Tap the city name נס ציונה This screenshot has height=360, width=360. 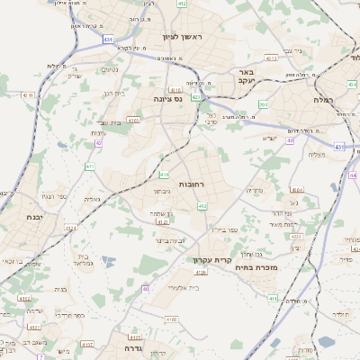pos(167,100)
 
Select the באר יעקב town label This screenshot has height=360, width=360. pos(245,76)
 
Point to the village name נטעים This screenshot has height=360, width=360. pos(109,69)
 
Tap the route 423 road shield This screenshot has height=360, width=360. pos(196,96)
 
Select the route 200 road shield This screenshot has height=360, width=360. pos(263,105)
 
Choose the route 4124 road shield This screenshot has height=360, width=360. pos(163,221)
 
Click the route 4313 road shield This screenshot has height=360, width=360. pos(24,299)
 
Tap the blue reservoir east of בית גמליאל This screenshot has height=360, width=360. pos(109,261)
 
